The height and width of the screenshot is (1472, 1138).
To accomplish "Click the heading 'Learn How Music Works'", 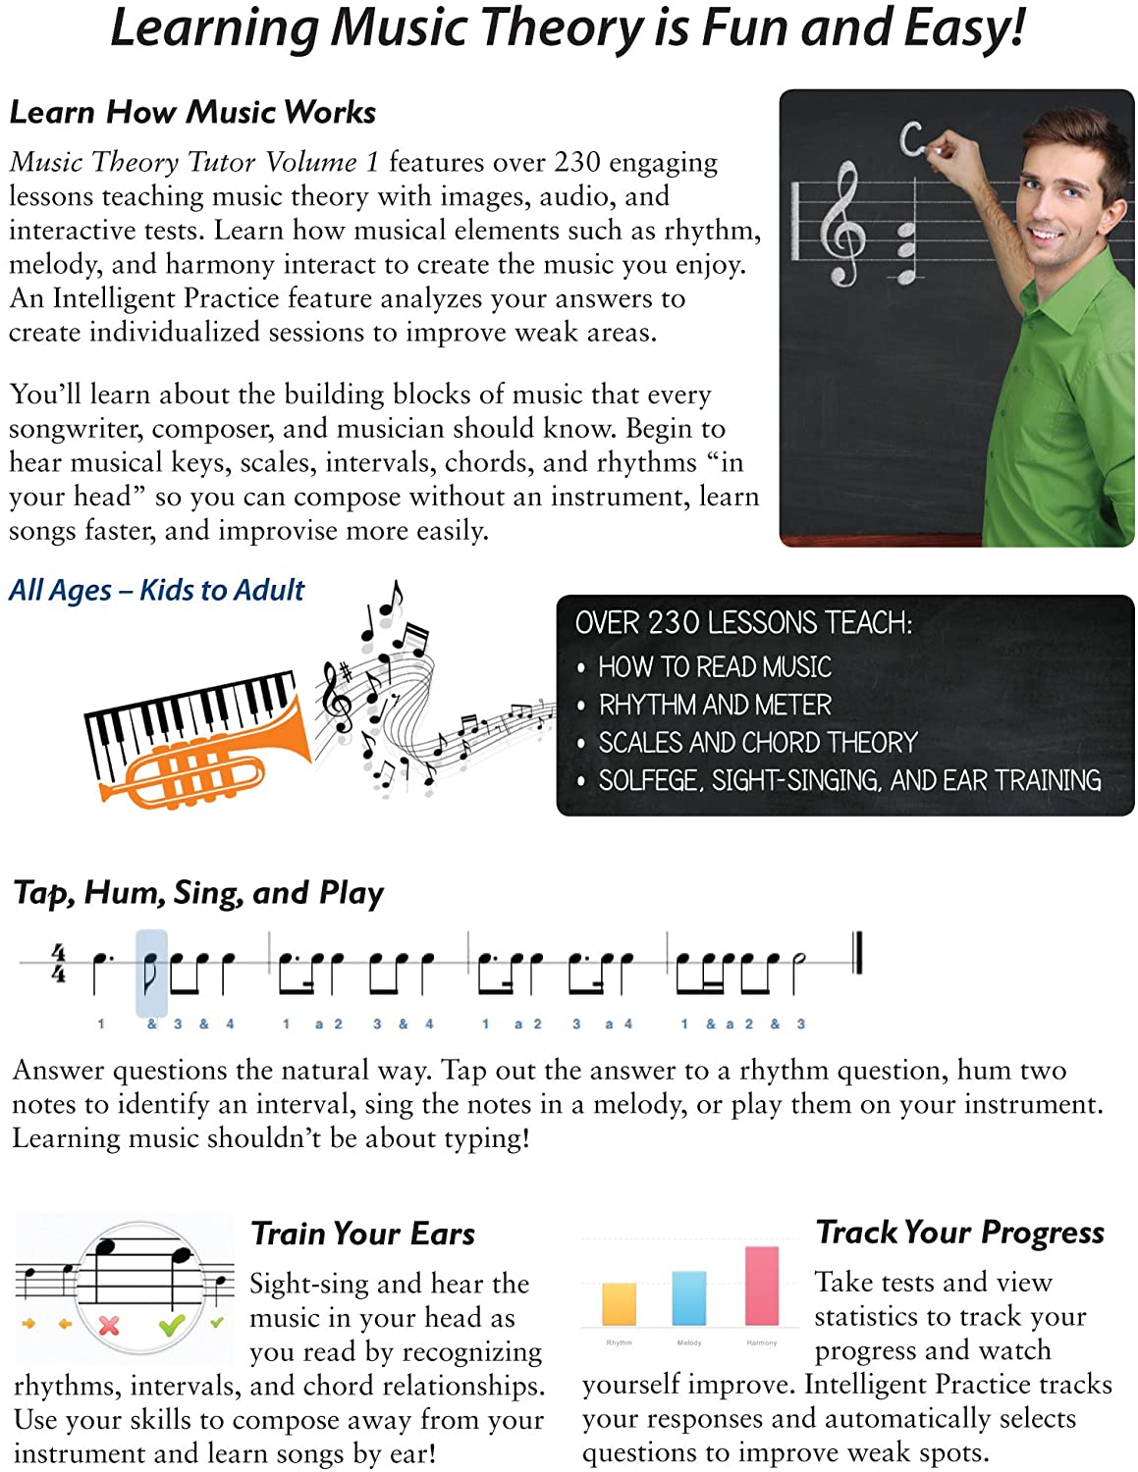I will coord(192,113).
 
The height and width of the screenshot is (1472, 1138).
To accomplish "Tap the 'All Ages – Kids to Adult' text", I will coord(157,591).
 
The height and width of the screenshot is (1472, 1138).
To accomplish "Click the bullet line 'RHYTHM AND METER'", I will coord(715,706).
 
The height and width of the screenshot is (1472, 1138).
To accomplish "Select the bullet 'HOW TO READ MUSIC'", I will coord(715,667).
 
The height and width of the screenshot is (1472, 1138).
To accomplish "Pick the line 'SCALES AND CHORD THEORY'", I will coord(758,743).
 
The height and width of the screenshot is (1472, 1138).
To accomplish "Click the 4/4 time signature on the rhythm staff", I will coord(59,963).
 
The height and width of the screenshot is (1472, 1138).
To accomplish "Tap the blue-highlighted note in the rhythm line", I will coord(150,972).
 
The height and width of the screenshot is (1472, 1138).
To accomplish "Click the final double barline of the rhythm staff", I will coord(857,953).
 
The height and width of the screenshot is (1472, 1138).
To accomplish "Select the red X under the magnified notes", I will coord(109,1326).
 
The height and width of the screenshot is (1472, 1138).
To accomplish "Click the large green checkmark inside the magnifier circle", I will coord(172,1326).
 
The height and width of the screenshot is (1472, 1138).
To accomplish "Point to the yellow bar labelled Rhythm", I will coord(619,1303).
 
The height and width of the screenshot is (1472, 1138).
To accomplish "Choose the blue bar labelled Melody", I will coord(688,1297).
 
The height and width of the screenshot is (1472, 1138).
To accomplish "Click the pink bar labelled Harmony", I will coord(762,1286).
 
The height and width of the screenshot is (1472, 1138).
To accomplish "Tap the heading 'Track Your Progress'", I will coord(960,1233).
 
